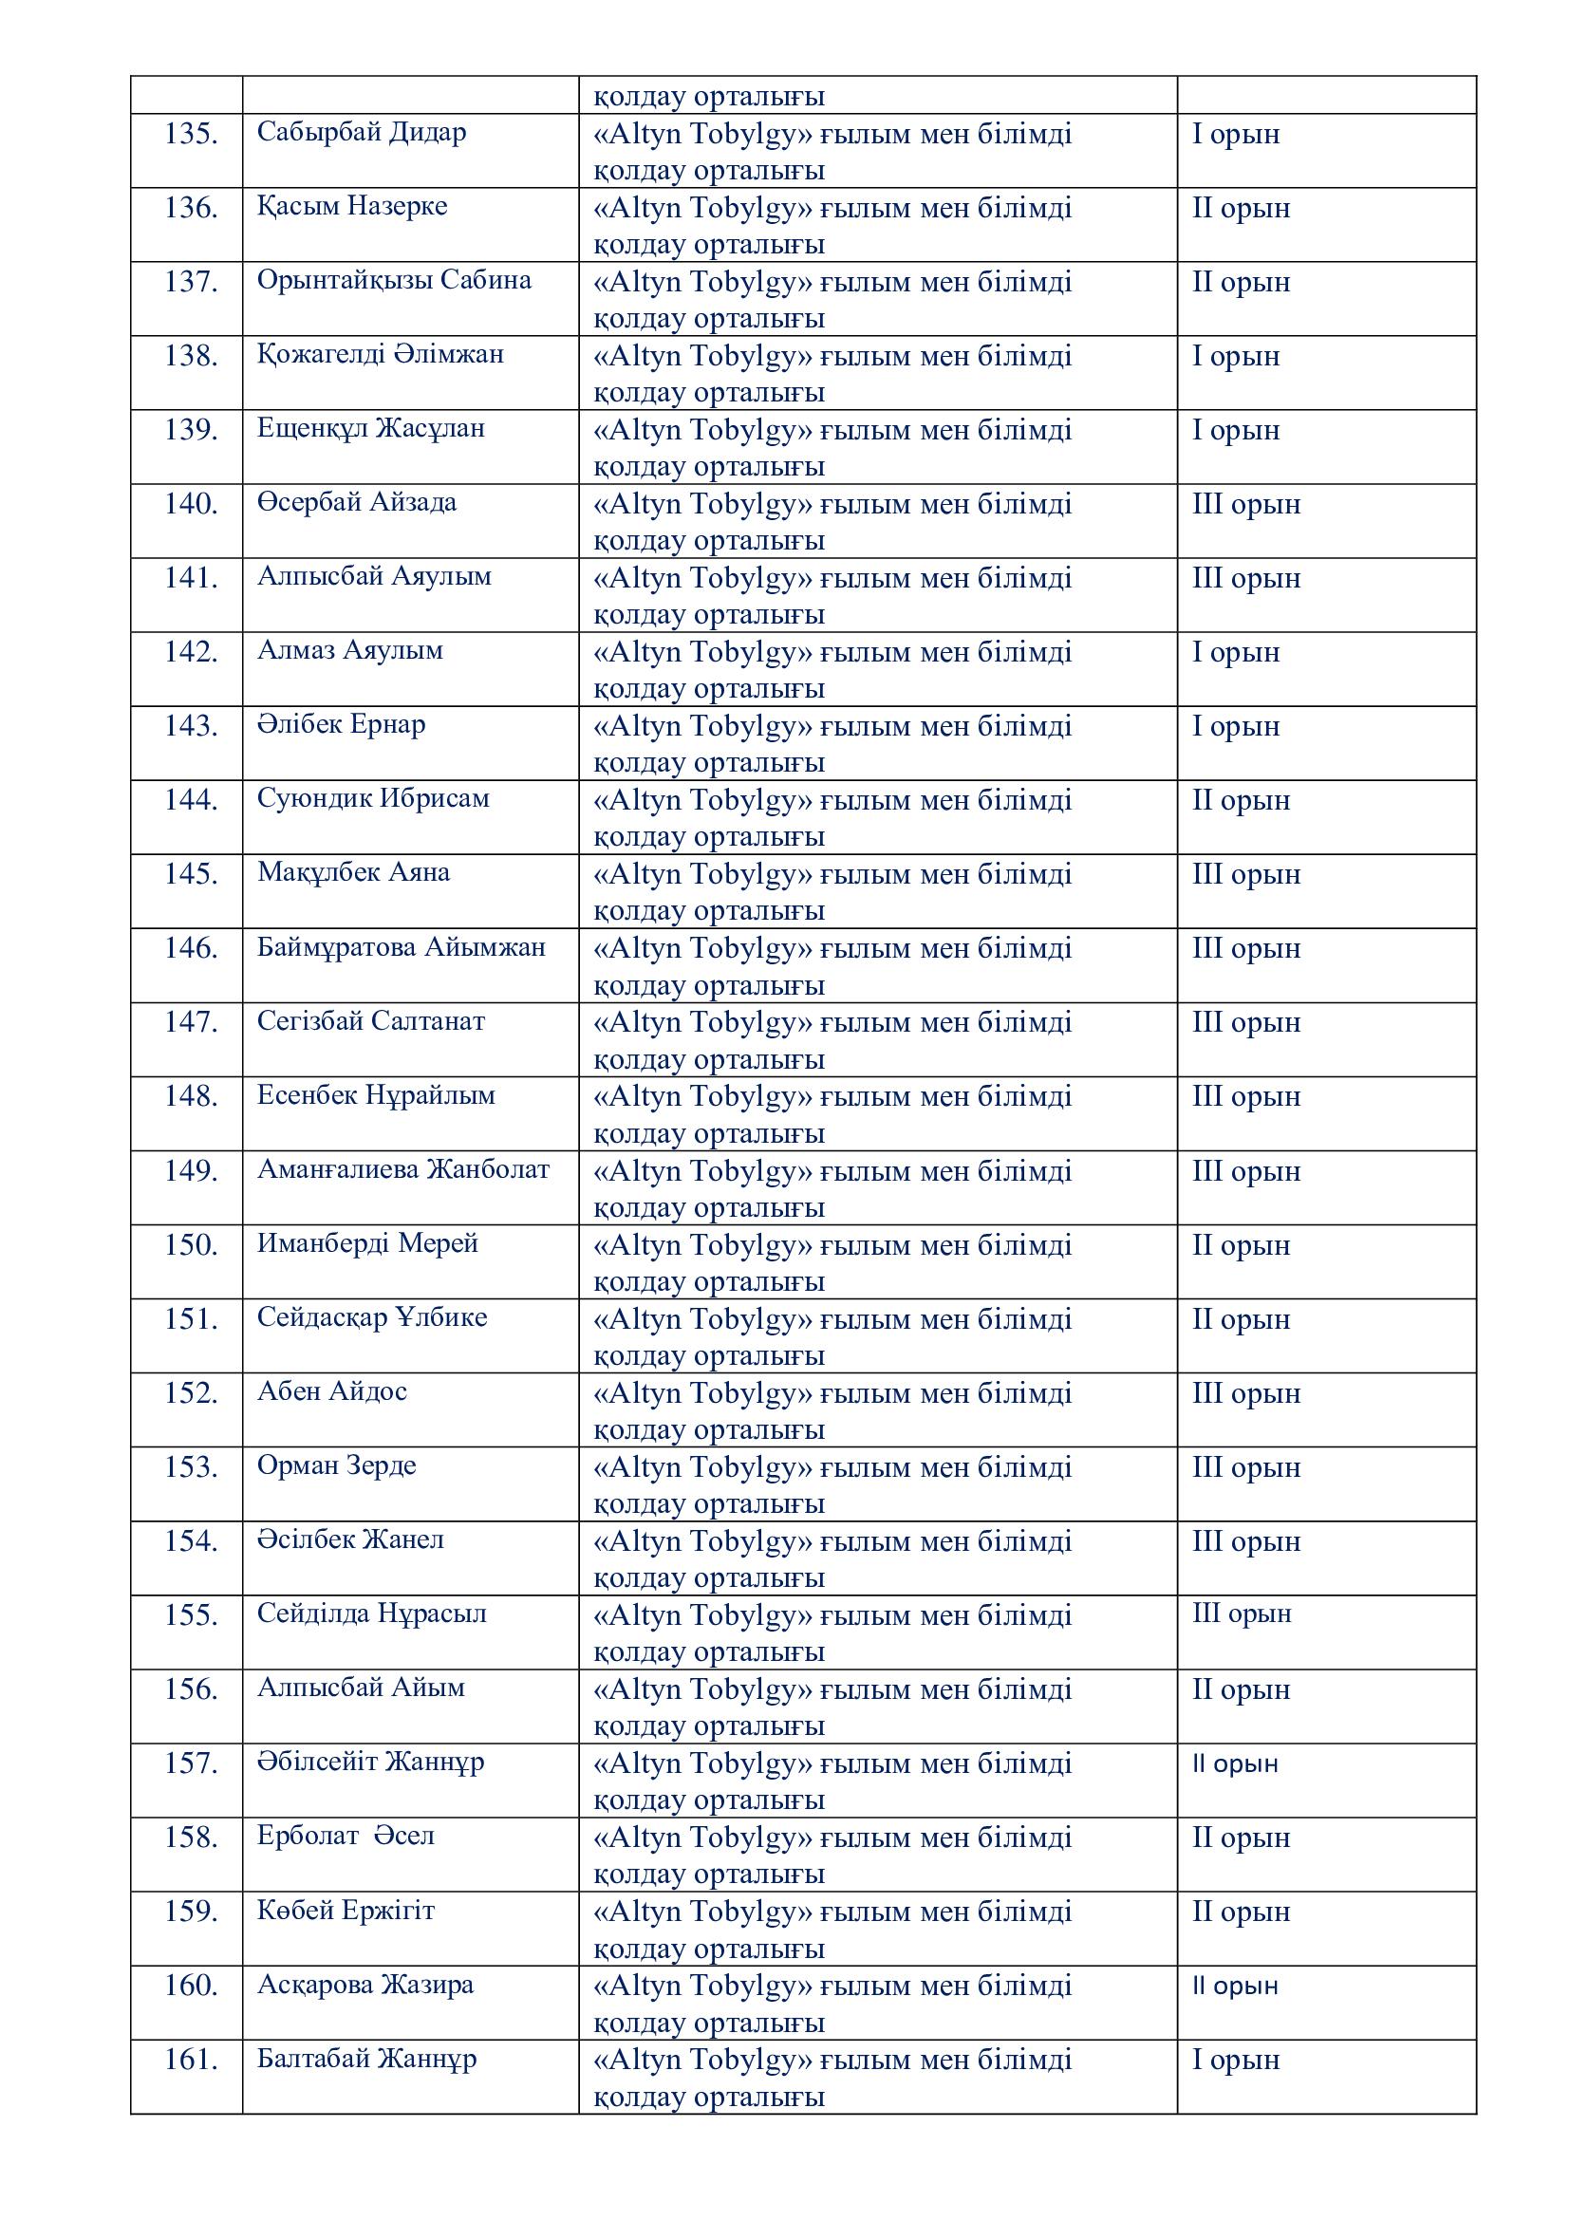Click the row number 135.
[191, 134]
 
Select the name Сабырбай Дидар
[361, 132]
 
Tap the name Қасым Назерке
[352, 206]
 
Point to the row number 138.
[191, 356]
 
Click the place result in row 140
[1245, 504]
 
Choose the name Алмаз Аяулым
[350, 650]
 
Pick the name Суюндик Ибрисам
[373, 798]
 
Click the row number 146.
[191, 947]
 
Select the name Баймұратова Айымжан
[402, 946]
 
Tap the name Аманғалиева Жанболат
[403, 1169]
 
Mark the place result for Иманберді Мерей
[1241, 1245]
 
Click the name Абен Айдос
[331, 1391]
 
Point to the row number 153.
[191, 1466]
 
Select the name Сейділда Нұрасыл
[371, 1614]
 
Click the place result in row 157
[1235, 1763]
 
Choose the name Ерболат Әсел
[346, 1837]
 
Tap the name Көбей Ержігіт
[346, 1911]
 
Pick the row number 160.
[191, 1986]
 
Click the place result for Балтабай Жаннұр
[1235, 2061]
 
